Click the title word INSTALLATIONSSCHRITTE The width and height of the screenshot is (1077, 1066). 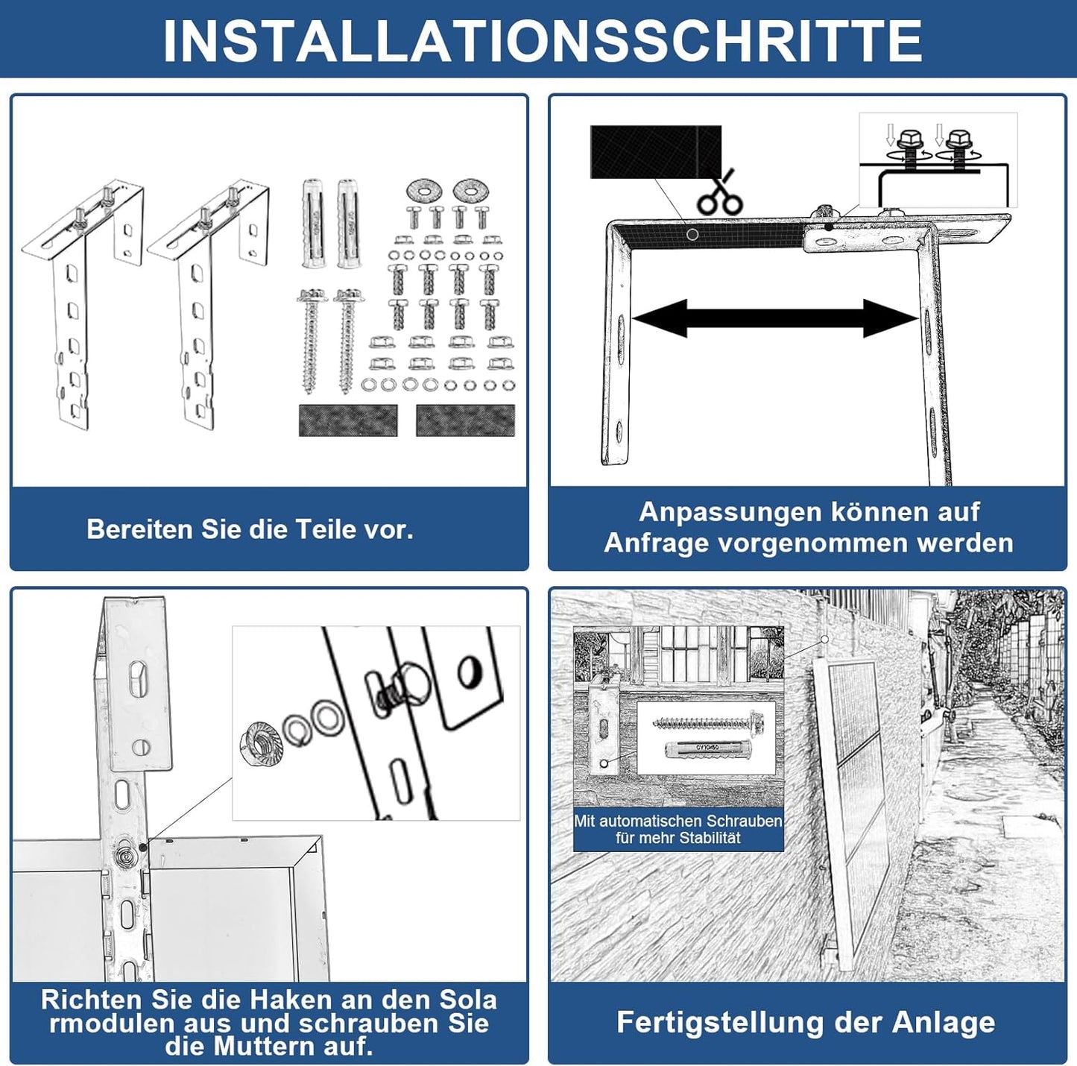(542, 41)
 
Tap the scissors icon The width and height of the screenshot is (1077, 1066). (719, 194)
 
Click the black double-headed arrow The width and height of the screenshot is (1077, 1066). (774, 318)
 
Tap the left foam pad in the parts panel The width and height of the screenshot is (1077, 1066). (347, 420)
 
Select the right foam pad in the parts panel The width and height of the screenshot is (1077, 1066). (465, 420)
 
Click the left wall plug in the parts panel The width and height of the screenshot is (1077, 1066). (312, 223)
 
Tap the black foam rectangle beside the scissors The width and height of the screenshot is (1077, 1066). (655, 152)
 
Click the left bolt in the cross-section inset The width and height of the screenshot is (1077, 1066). (910, 149)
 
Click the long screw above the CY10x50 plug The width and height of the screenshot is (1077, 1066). (708, 722)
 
